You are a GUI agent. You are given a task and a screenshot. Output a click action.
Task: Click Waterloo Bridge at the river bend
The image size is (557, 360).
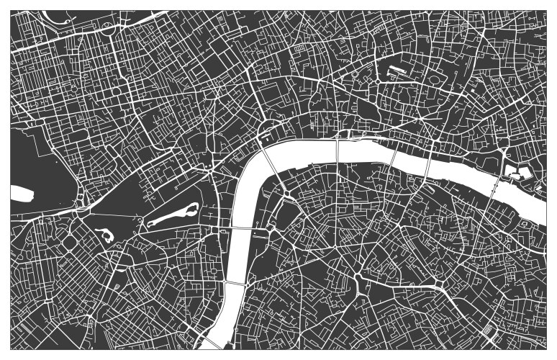271,166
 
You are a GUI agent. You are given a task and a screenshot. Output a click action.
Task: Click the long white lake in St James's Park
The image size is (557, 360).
173,215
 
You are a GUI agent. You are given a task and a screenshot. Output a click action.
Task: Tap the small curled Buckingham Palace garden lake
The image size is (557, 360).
104,235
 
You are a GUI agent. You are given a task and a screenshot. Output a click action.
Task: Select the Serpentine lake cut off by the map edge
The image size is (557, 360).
22,193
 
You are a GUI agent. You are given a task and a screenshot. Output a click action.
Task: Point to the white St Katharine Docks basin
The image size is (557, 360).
517,172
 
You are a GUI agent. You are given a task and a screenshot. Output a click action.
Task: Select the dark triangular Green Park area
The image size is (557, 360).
115,194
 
